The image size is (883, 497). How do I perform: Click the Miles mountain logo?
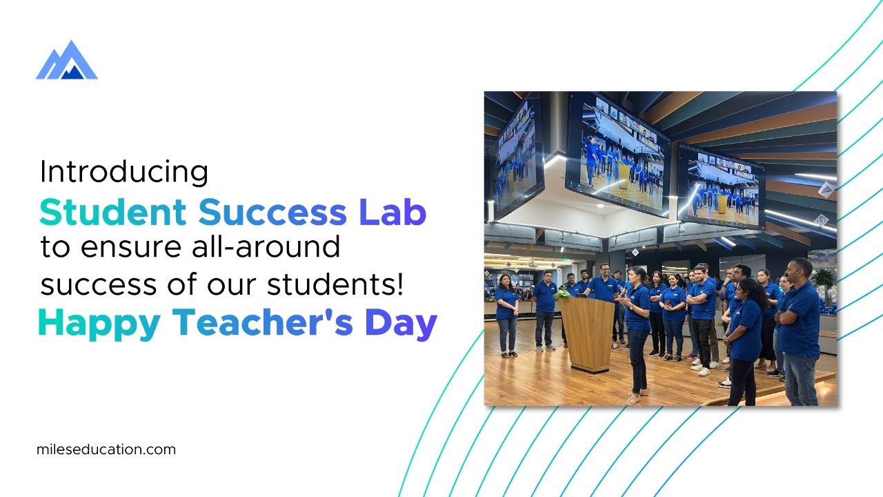pyautogui.click(x=66, y=61)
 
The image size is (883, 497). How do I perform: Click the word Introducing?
pyautogui.click(x=124, y=173)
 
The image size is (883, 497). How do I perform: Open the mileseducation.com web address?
pyautogui.click(x=106, y=449)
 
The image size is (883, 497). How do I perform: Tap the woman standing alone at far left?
pyautogui.click(x=506, y=314)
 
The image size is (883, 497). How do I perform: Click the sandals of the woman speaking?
pyautogui.click(x=633, y=398)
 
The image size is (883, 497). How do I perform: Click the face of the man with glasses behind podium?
pyautogui.click(x=605, y=270)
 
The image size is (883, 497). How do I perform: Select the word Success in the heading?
pyautogui.click(x=274, y=213)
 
